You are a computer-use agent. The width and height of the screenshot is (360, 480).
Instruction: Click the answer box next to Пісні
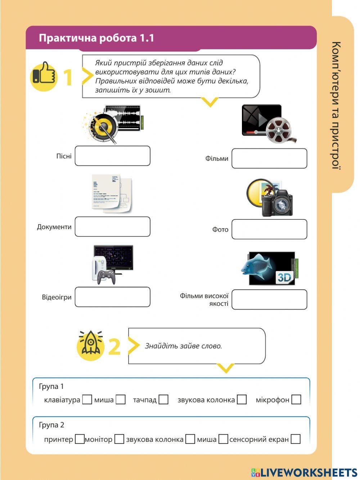(x=112, y=156)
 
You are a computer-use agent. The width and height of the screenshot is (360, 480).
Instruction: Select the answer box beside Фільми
(x=269, y=158)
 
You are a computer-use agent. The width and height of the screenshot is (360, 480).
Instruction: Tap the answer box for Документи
(x=112, y=227)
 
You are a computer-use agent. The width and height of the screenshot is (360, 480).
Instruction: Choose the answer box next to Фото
(x=269, y=229)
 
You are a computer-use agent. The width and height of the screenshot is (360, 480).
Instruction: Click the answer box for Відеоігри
(x=112, y=297)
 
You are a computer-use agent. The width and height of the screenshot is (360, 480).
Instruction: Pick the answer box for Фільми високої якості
(x=269, y=299)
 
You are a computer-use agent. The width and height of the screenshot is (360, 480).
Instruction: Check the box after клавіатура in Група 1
(x=87, y=400)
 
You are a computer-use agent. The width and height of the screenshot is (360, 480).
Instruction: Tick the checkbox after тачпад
(x=163, y=400)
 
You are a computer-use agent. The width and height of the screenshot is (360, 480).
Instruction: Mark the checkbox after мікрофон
(x=296, y=400)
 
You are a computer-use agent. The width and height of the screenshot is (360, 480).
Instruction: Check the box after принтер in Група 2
(x=79, y=439)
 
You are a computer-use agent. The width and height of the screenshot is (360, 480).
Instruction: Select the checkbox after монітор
(x=119, y=439)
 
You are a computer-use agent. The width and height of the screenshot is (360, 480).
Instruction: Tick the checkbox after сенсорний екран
(x=296, y=439)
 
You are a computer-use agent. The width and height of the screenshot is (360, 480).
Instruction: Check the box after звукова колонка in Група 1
(x=242, y=400)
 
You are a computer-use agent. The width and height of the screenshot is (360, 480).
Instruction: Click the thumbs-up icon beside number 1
(x=44, y=76)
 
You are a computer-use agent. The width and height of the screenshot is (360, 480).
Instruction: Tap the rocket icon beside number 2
(x=90, y=346)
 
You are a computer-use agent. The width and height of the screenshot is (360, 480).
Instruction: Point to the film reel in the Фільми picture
(x=279, y=130)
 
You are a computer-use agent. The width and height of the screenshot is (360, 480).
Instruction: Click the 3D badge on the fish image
(x=284, y=277)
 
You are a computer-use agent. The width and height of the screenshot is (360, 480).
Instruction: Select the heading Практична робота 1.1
(x=96, y=38)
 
